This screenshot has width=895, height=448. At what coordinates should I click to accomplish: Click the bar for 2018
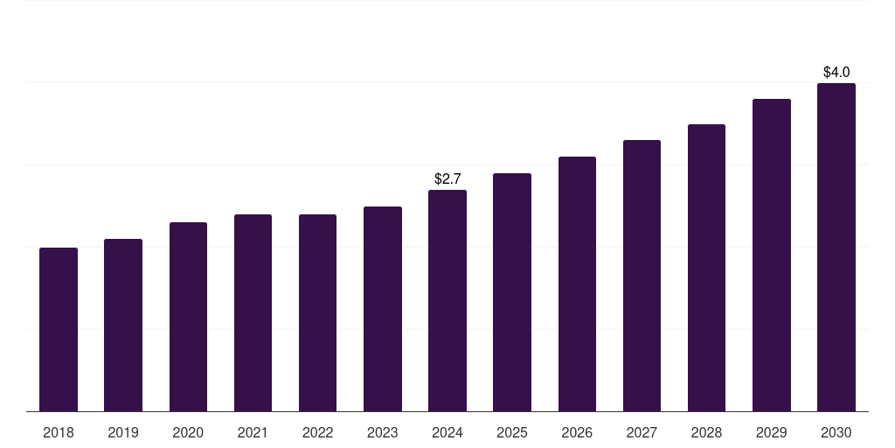click(59, 330)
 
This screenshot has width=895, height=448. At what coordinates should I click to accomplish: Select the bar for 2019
click(123, 325)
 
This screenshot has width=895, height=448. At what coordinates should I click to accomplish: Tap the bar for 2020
click(188, 317)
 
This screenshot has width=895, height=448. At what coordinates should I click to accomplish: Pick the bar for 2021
click(253, 313)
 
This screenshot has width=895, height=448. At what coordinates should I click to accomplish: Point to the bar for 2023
click(383, 309)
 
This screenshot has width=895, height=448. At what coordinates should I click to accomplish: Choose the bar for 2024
click(447, 301)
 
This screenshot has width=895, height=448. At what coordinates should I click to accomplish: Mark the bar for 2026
click(577, 284)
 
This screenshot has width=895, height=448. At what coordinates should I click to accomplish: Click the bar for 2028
click(706, 268)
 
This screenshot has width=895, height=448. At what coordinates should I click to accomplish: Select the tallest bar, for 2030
click(836, 248)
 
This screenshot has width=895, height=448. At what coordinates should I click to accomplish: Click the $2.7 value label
click(447, 178)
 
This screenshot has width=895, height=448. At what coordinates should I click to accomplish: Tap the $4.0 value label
click(836, 72)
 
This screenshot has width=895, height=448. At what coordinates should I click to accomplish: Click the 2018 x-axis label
click(59, 432)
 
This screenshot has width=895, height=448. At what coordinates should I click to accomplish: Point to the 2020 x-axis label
click(188, 432)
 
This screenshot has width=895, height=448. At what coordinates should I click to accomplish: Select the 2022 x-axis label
click(317, 432)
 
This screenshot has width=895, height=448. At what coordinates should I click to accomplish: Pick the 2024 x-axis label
click(447, 432)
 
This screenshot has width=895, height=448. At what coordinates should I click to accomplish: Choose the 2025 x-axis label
click(512, 432)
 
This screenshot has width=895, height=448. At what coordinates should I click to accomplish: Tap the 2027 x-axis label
click(642, 432)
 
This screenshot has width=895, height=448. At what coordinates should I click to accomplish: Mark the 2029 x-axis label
click(771, 432)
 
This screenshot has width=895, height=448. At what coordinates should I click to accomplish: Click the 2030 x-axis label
click(836, 432)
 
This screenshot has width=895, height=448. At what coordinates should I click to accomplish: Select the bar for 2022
click(317, 313)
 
